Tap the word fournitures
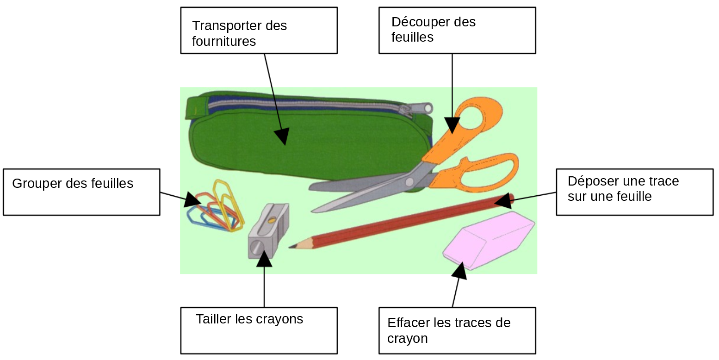click(x=224, y=41)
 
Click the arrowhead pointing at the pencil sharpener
click(x=264, y=259)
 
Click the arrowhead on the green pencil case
click(x=281, y=136)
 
